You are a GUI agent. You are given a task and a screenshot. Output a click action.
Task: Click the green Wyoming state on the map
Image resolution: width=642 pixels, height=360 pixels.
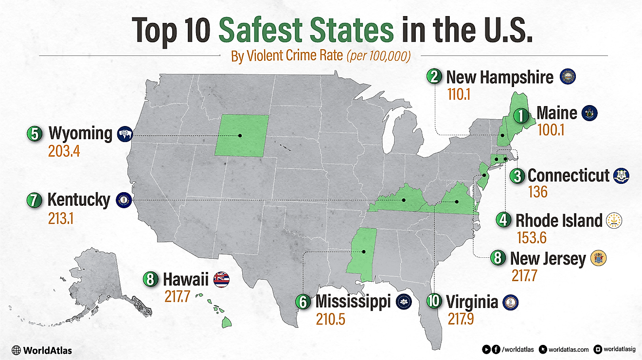242,135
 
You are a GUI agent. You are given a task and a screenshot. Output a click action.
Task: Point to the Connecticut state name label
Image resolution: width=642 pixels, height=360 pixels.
568,175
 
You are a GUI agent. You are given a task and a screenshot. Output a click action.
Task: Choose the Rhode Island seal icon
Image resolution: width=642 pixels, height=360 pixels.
614,220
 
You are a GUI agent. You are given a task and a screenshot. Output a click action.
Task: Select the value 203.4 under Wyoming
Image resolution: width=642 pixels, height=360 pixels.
64,151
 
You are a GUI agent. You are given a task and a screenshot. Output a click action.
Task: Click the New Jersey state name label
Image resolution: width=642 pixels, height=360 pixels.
548,258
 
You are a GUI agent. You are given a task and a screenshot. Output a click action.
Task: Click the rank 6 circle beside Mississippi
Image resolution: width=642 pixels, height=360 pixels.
303,302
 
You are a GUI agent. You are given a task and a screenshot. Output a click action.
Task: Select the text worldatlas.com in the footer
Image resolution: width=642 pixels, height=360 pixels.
569,349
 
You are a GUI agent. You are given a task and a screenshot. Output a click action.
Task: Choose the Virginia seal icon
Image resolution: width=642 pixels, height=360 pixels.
511,302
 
